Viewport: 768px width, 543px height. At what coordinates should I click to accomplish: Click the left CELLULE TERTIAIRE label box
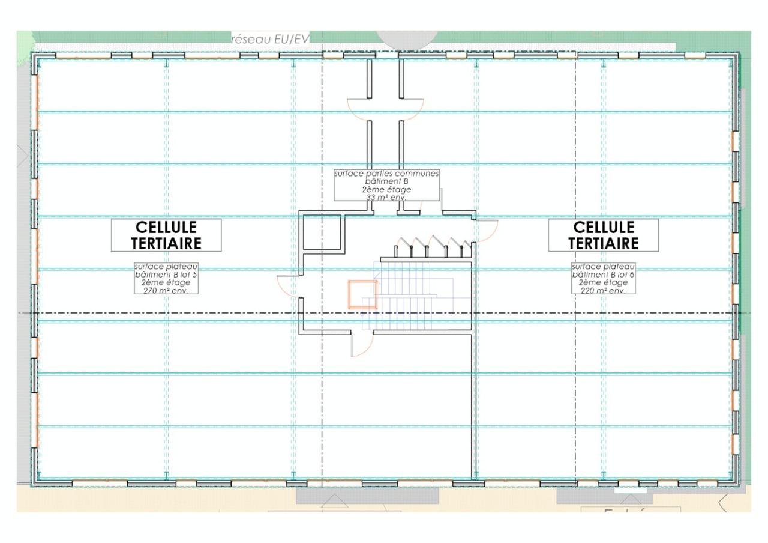167,235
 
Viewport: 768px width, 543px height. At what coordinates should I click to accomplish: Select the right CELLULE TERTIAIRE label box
604,235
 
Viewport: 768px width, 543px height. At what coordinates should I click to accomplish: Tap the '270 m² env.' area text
166,290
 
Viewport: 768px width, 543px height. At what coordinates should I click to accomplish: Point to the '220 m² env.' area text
603,290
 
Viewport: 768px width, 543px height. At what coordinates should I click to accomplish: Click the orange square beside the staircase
362,294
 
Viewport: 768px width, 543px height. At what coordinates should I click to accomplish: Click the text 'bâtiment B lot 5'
166,275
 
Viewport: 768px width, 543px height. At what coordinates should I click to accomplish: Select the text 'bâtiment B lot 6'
603,275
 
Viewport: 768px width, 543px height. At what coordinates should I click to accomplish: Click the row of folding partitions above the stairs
429,247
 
